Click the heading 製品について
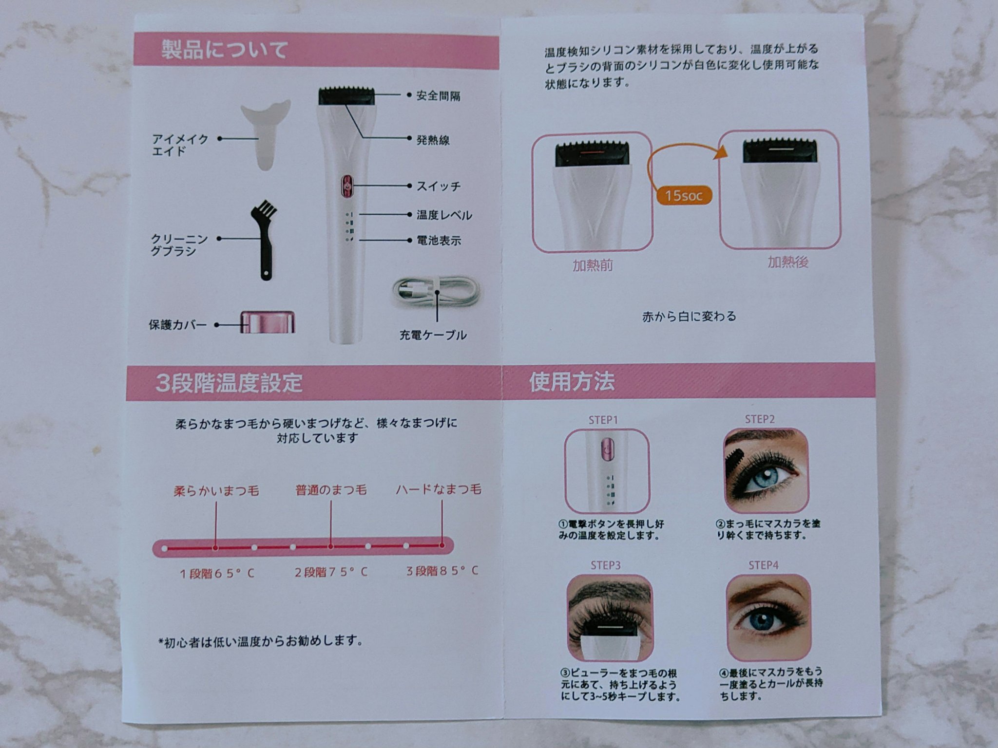pyautogui.click(x=224, y=50)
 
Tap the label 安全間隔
pyautogui.click(x=438, y=96)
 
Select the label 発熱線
pyautogui.click(x=433, y=140)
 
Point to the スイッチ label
pyautogui.click(x=438, y=186)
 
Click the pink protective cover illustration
pyautogui.click(x=268, y=322)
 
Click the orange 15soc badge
pyautogui.click(x=683, y=195)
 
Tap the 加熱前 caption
pyautogui.click(x=593, y=265)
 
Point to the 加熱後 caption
pyautogui.click(x=788, y=262)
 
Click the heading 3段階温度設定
pyautogui.click(x=229, y=383)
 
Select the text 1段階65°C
pyautogui.click(x=217, y=573)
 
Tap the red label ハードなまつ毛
pyautogui.click(x=439, y=489)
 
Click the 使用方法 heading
pyautogui.click(x=572, y=381)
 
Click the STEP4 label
pyautogui.click(x=763, y=565)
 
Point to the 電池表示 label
pyautogui.click(x=438, y=240)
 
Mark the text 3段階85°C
pyautogui.click(x=442, y=571)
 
